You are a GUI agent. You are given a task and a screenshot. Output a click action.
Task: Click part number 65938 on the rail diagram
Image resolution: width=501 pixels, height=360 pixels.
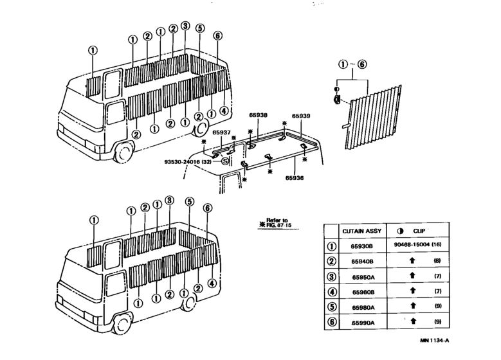pos(258,115)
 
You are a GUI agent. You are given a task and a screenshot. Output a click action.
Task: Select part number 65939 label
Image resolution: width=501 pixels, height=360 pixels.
pos(301,116)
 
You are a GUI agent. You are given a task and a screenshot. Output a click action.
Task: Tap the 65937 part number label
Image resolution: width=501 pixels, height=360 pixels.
pos(221,132)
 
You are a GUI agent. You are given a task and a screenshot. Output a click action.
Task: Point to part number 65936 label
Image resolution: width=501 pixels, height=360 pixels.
pos(295,178)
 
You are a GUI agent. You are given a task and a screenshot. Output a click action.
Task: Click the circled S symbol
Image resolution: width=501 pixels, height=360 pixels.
pos(226,161)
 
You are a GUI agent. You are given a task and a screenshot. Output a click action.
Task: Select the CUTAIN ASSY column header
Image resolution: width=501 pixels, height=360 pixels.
pos(361,231)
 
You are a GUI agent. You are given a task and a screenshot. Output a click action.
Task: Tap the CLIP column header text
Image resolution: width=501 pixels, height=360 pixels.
pos(419,231)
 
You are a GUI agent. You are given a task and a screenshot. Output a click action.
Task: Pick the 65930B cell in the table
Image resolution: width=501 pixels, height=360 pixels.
pos(361,246)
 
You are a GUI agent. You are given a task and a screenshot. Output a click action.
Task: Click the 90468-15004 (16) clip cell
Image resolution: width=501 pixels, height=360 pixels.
pos(417,244)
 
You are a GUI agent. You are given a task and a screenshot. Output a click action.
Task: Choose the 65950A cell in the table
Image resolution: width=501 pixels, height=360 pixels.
pos(363,277)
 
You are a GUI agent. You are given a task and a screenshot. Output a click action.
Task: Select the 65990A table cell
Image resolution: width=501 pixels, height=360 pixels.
pos(363,323)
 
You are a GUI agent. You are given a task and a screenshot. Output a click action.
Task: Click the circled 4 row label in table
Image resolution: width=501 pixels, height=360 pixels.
pos(332,292)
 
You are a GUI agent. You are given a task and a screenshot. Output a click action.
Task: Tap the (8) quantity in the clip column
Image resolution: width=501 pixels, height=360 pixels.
pos(437,260)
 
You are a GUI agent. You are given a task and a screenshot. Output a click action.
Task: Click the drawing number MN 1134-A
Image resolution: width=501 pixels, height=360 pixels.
pos(435,341)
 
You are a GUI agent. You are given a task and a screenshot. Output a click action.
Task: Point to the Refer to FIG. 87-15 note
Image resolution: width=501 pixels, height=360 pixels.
pos(277,222)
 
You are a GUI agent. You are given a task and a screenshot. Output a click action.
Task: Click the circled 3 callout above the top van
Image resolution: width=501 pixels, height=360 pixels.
pos(185,26)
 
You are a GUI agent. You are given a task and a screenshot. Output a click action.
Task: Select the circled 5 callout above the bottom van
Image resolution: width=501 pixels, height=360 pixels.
pos(190,202)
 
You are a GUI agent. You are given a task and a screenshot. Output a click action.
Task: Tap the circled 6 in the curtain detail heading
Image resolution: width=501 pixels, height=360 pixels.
pos(361,64)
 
